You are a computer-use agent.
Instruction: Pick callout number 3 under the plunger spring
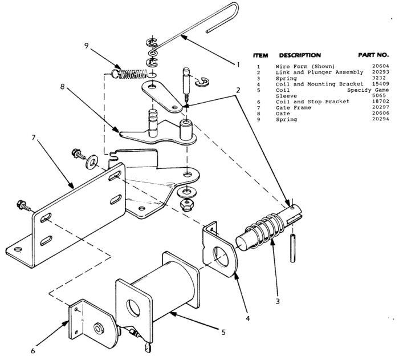278,301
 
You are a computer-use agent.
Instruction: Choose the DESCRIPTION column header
299,55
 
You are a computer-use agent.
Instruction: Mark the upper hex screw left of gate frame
75,153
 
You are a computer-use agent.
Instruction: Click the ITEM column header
260,55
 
